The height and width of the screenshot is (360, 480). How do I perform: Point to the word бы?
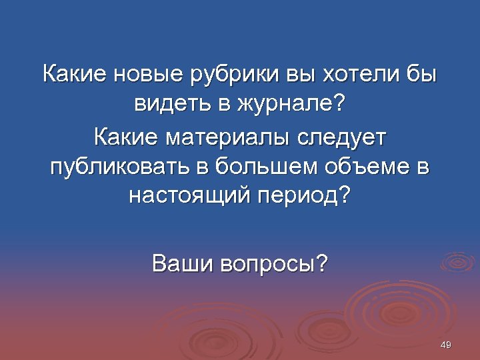pyautogui.click(x=421, y=74)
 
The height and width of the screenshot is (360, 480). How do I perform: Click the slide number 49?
pyautogui.click(x=447, y=345)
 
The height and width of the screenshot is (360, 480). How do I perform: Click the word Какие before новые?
pyautogui.click(x=74, y=74)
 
